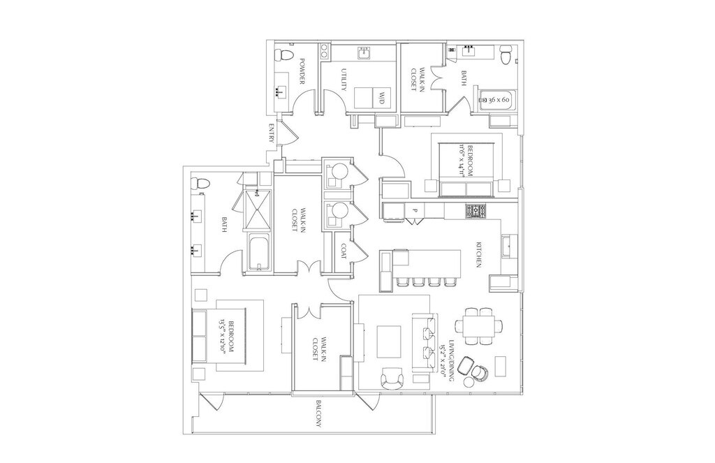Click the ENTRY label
coord(272,134)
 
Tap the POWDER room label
coord(302,72)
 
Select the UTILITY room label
coord(344,79)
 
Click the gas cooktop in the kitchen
coord(477,210)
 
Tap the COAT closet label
coord(344,251)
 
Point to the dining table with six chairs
coord(478,325)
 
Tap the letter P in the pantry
coord(414,210)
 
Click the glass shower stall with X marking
coord(257,208)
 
